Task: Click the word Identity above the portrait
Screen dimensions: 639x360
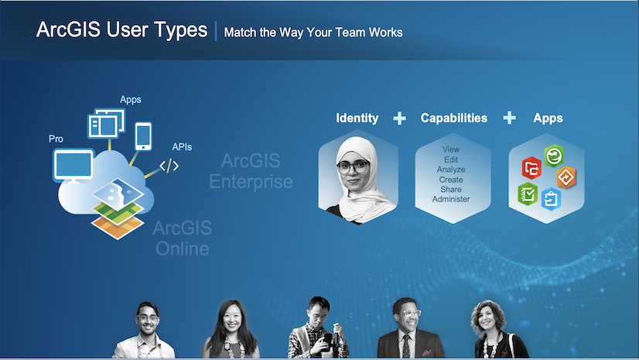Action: click(357, 118)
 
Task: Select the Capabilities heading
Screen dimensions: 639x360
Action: click(453, 118)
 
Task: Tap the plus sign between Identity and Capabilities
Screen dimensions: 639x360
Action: click(399, 118)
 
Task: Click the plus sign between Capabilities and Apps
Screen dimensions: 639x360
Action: click(509, 118)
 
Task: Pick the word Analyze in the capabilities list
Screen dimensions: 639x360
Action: click(451, 170)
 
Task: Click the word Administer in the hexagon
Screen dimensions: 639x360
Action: click(451, 199)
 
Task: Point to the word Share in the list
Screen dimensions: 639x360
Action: click(451, 189)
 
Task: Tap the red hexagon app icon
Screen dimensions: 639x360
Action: click(531, 167)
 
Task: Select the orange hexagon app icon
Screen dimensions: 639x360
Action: click(566, 177)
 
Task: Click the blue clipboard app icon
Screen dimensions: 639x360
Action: click(551, 199)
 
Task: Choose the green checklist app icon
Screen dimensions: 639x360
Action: click(528, 194)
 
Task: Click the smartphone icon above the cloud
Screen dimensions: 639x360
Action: click(143, 136)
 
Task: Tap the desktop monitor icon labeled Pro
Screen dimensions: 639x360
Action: click(73, 166)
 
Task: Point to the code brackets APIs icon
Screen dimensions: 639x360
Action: click(169, 166)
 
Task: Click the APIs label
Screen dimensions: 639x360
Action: click(182, 147)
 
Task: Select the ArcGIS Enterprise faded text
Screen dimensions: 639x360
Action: click(251, 171)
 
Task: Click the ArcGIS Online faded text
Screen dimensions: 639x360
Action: click(182, 238)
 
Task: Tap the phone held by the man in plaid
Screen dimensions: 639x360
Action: click(328, 339)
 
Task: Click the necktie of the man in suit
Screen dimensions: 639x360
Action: click(406, 346)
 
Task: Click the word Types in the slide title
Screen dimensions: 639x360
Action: click(180, 30)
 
